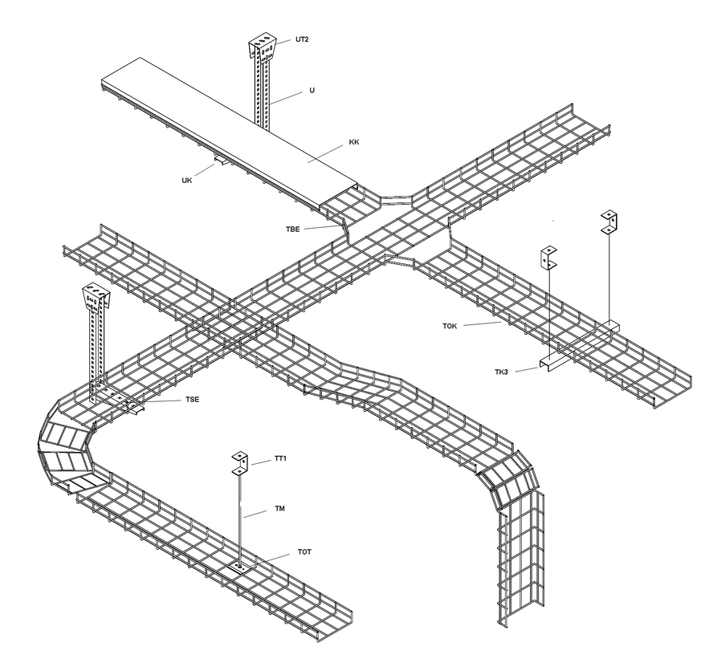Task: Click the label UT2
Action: [301, 39]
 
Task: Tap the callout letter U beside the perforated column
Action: [312, 91]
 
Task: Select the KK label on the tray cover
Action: [354, 143]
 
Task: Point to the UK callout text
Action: [186, 181]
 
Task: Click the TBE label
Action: [291, 230]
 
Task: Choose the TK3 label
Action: [504, 372]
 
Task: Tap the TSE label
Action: [193, 398]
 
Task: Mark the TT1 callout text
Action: [281, 458]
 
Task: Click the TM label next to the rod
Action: [279, 508]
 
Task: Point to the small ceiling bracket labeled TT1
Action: [240, 463]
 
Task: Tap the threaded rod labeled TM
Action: [240, 522]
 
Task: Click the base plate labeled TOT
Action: [240, 567]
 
